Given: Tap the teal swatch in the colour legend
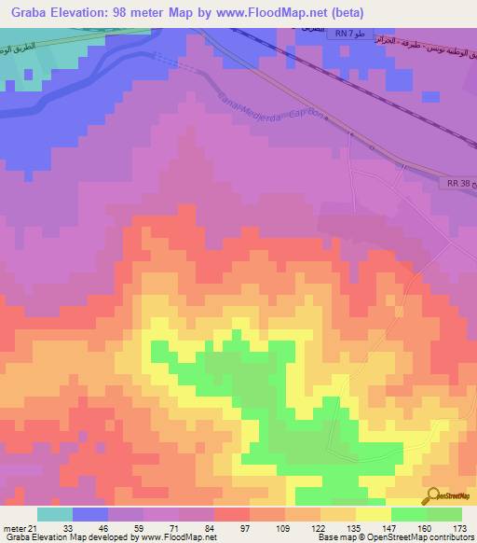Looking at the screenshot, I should (55, 514).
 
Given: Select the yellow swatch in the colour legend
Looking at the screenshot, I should (374, 514).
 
